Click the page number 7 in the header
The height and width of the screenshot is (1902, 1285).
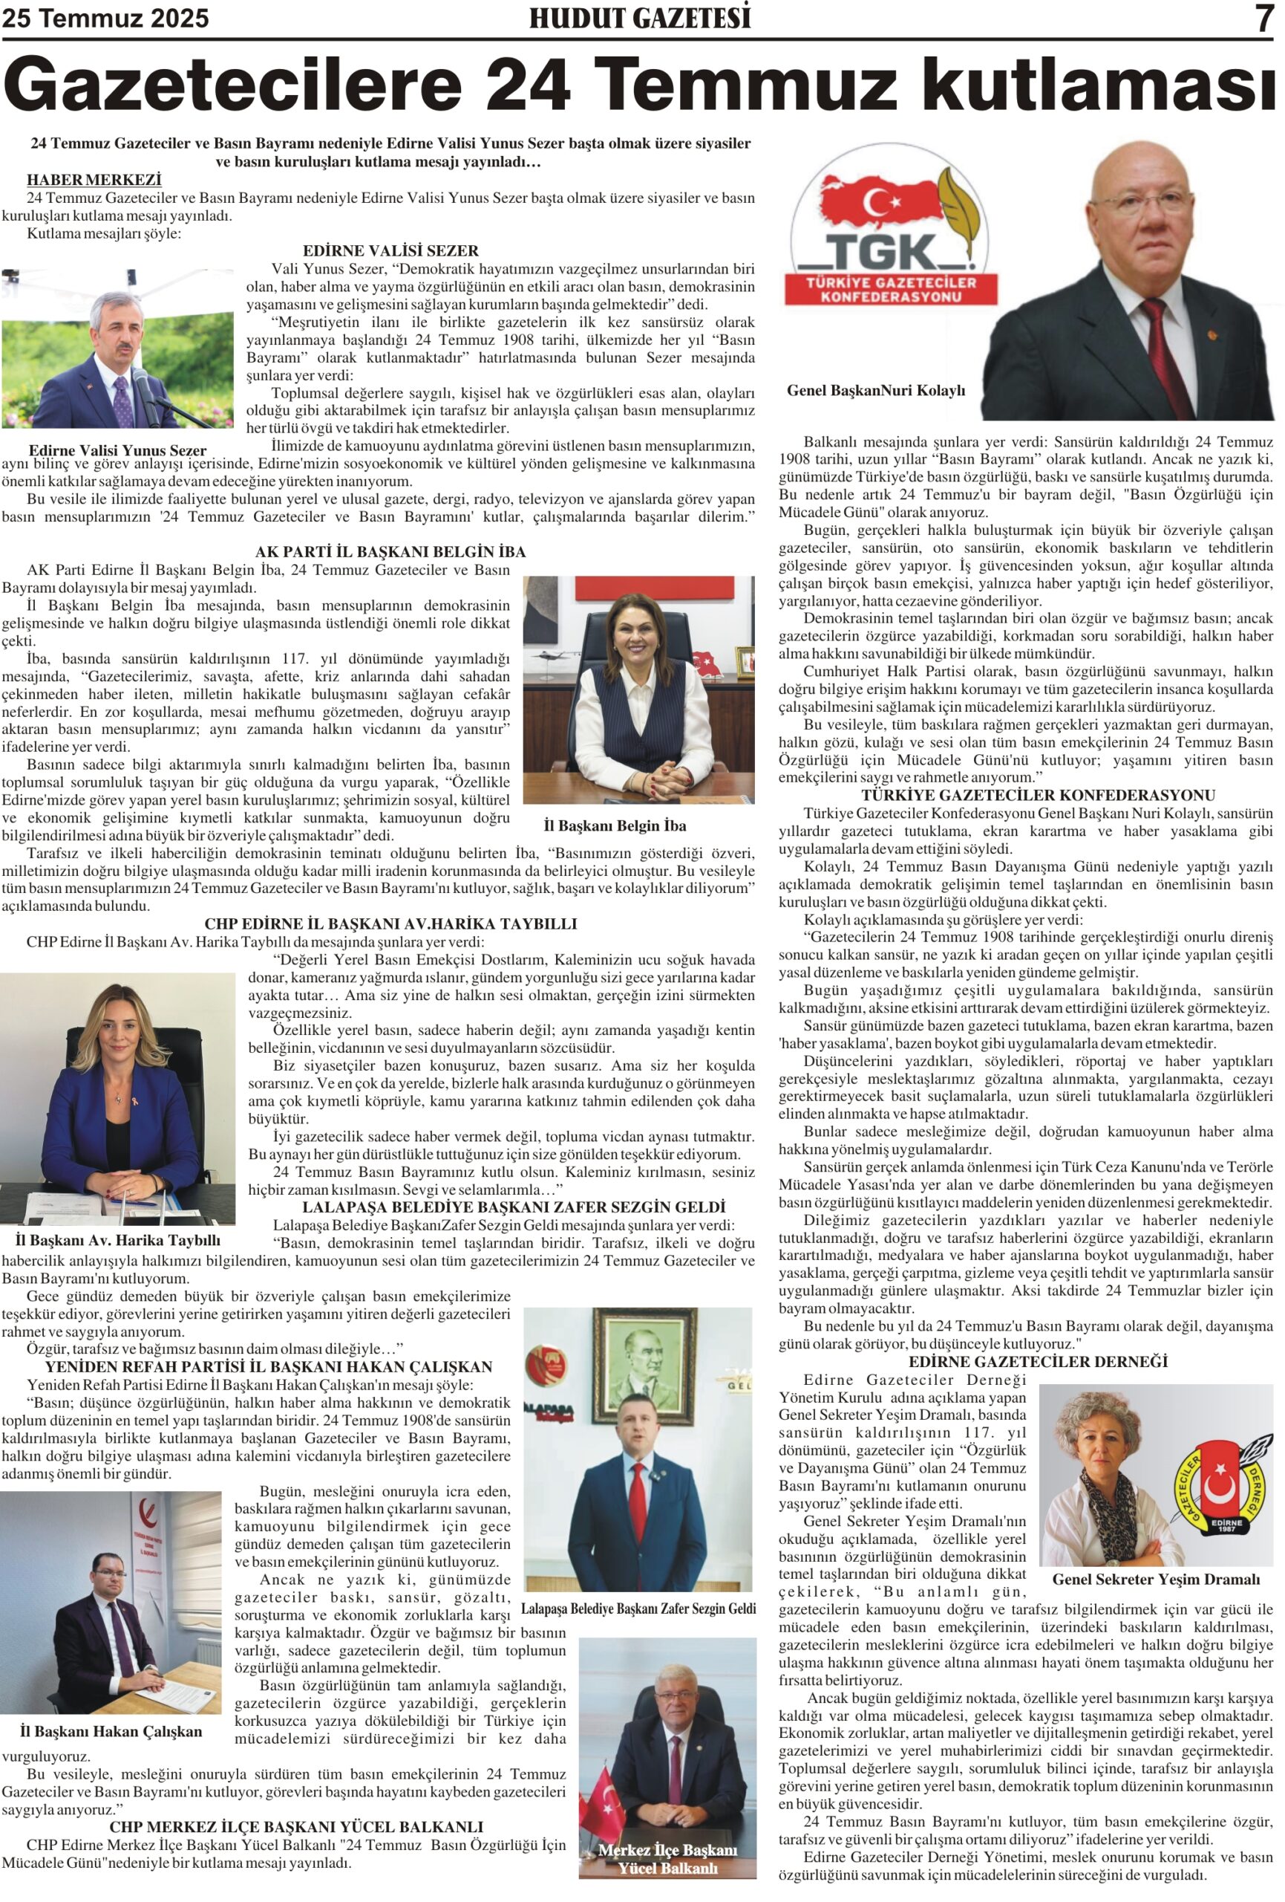(x=1264, y=18)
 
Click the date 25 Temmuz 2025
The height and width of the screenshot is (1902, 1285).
(x=105, y=18)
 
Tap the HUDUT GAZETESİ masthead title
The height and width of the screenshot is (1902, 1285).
(x=640, y=18)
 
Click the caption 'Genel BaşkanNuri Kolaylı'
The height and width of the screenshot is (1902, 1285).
(x=875, y=390)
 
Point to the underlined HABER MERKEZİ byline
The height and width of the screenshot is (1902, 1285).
(x=94, y=179)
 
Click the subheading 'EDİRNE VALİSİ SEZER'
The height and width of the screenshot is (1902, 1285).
(x=390, y=250)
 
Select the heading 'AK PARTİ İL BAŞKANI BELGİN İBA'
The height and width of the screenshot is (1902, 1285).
(x=390, y=551)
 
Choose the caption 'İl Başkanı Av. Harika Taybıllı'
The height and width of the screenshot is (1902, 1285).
(x=118, y=1240)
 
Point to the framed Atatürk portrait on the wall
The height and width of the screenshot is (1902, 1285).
(x=645, y=1360)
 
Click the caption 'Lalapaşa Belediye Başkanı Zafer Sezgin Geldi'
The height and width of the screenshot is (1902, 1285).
(x=638, y=1609)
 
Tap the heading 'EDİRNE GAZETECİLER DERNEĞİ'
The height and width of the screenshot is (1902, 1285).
(x=1037, y=1361)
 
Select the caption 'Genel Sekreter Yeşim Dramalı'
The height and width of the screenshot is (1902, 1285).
(x=1155, y=1579)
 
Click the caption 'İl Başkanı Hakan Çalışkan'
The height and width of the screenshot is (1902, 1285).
(x=111, y=1731)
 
